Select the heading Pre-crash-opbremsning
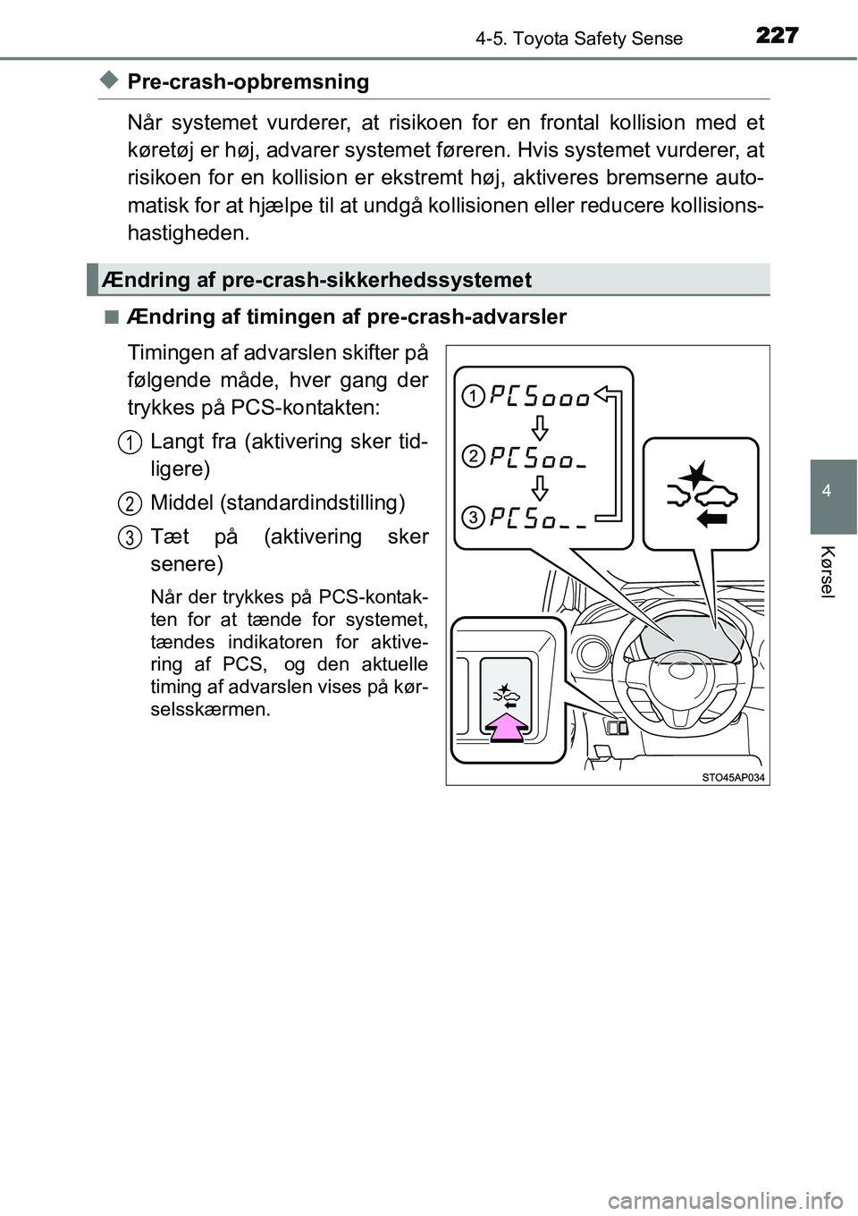pos(248,81)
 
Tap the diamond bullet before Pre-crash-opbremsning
pos(108,81)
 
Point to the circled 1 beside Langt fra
pos(130,442)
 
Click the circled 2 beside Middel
pos(130,503)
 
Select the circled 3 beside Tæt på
pos(130,537)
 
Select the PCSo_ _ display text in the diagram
pos(538,519)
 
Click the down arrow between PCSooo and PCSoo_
pos(539,426)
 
